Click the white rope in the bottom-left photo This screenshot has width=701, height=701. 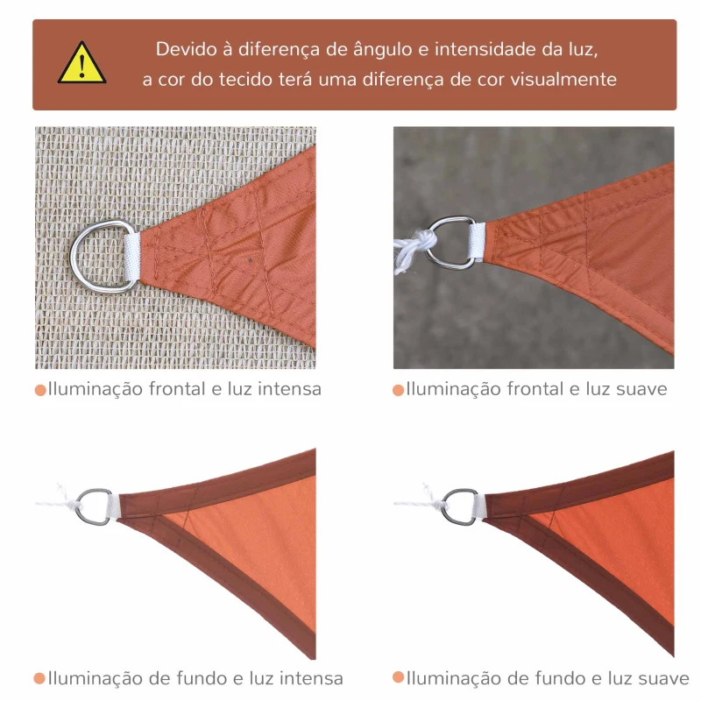coord(54,501)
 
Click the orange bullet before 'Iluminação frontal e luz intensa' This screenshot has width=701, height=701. coord(40,390)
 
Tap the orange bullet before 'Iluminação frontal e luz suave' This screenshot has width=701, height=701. coord(399,390)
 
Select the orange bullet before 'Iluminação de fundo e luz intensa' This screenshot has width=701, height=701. coord(40,679)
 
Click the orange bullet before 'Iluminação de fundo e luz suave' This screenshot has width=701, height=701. coord(399,678)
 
